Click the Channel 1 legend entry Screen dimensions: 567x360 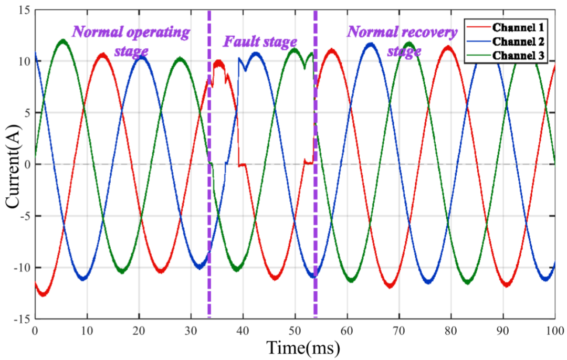(x=505, y=27)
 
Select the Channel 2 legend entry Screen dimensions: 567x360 (x=505, y=41)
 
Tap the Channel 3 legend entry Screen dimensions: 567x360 (x=505, y=55)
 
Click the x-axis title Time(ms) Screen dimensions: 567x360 (x=303, y=348)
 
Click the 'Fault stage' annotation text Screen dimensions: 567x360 (x=260, y=42)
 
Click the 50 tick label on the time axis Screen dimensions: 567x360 (x=295, y=331)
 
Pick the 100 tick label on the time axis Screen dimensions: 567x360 (x=554, y=331)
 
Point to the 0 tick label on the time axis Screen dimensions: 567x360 (x=35, y=331)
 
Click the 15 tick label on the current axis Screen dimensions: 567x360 (x=25, y=10)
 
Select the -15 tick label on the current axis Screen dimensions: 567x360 (x=23, y=319)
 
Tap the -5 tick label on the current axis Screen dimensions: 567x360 (x=25, y=216)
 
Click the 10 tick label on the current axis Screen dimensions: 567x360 (x=25, y=61)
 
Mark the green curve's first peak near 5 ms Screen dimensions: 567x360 (x=63, y=40)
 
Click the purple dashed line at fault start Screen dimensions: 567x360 (x=209, y=164)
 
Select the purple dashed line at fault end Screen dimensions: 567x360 (x=316, y=164)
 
